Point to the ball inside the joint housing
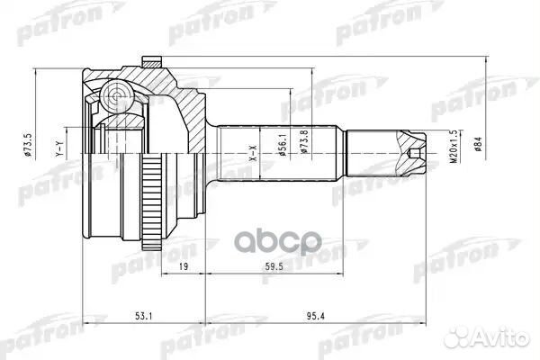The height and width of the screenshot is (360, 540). (114, 92)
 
